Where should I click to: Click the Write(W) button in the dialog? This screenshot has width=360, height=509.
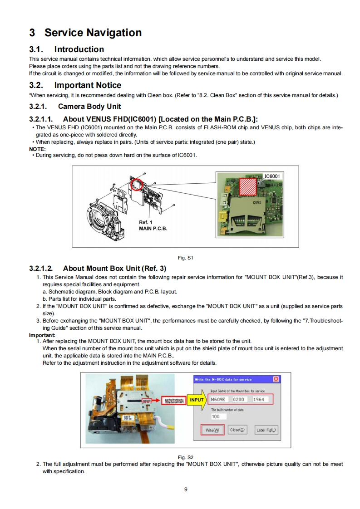point(212,430)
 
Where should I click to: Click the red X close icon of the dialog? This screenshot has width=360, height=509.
point(276,379)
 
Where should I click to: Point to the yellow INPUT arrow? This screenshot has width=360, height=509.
point(196,400)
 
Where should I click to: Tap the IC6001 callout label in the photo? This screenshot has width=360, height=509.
point(272,176)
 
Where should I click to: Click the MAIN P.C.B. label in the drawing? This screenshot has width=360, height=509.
point(153,228)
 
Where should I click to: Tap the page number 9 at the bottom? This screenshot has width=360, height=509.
point(186,489)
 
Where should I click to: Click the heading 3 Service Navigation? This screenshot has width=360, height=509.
point(85,33)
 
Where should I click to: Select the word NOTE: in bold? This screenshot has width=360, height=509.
point(37,149)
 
